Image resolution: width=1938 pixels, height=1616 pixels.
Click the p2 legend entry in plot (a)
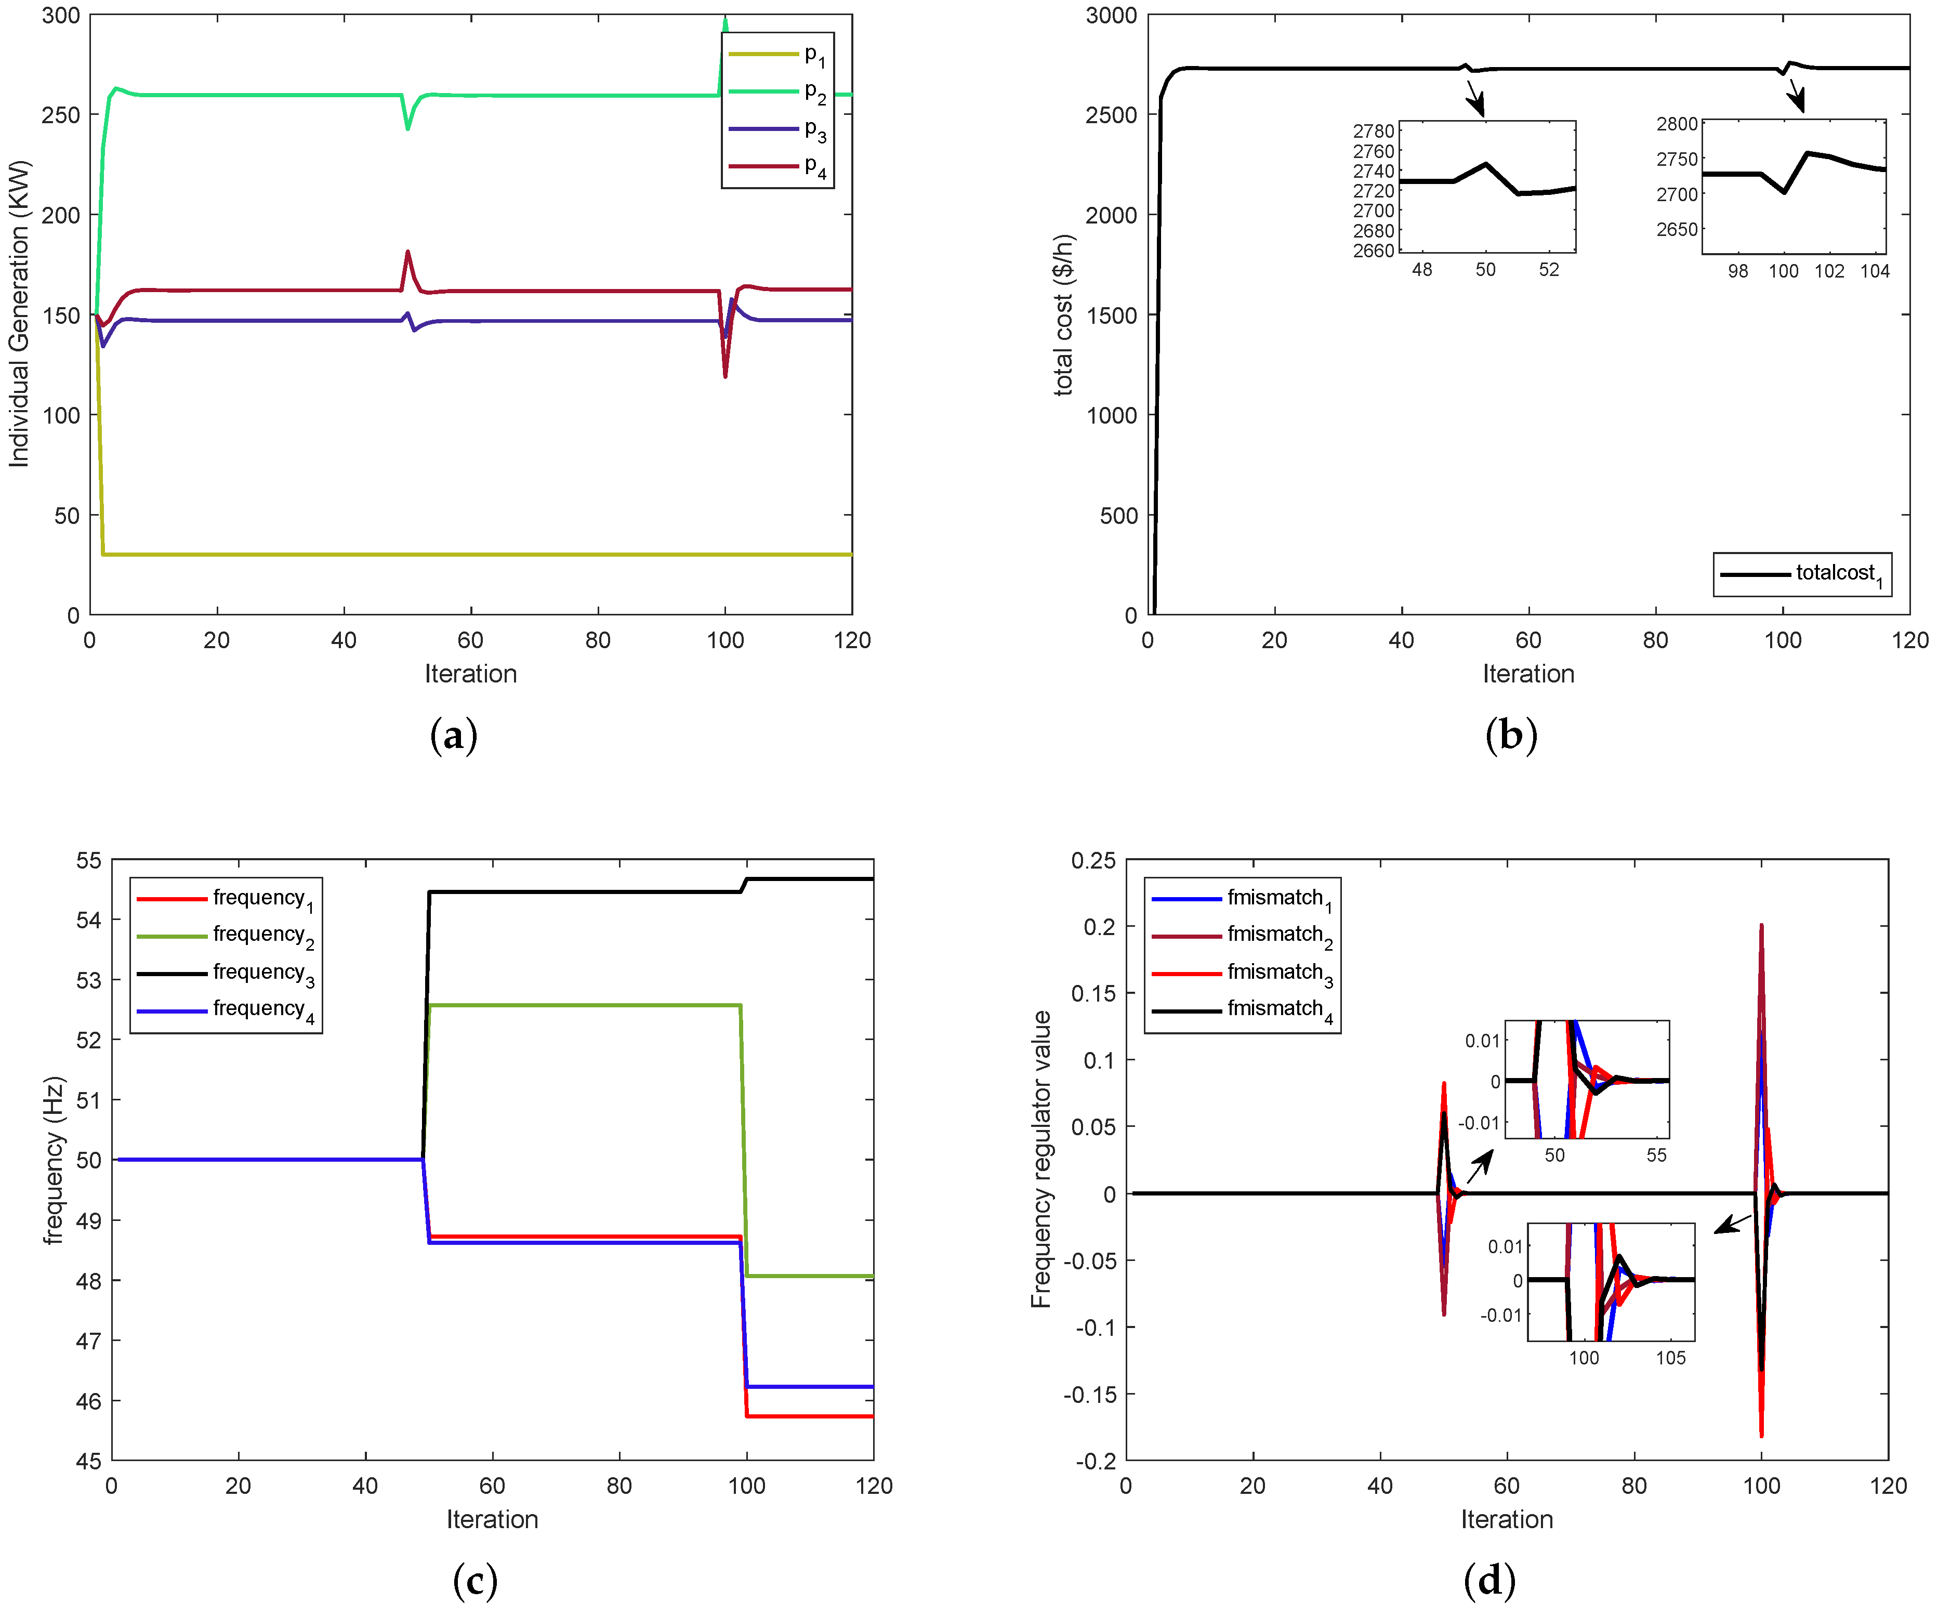[x=778, y=93]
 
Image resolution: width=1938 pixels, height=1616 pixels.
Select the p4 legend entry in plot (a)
[x=778, y=167]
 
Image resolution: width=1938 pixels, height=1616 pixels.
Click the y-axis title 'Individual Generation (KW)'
[x=19, y=314]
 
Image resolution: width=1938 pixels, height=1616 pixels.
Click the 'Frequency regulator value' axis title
[x=1041, y=1159]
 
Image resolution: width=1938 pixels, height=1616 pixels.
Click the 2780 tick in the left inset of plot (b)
[x=1373, y=131]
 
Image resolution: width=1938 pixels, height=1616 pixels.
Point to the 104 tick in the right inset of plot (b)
[x=1874, y=271]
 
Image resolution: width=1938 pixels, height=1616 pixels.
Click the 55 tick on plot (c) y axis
[x=88, y=861]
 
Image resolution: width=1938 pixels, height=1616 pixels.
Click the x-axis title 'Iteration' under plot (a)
[x=471, y=674]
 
